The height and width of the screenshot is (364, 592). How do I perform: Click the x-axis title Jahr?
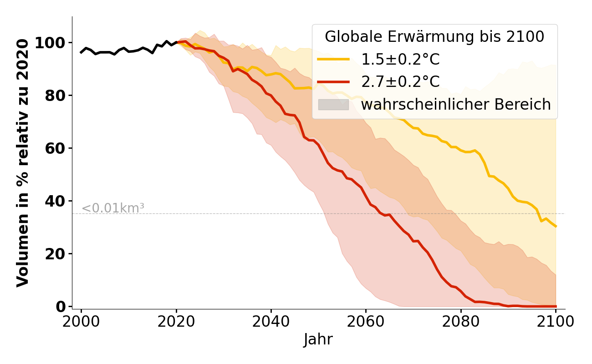(x=318, y=340)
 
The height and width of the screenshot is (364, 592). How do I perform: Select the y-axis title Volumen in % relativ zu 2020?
(x=23, y=162)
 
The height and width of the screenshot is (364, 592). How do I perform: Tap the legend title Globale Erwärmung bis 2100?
(x=434, y=37)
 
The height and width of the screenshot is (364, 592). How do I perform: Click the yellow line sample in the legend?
(x=333, y=60)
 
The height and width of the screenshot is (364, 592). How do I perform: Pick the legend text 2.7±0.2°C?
(x=400, y=82)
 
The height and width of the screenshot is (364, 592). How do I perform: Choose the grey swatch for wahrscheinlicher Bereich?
(x=333, y=105)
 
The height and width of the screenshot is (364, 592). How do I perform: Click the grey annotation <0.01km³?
(x=113, y=208)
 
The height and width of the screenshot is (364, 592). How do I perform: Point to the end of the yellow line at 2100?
(x=556, y=226)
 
